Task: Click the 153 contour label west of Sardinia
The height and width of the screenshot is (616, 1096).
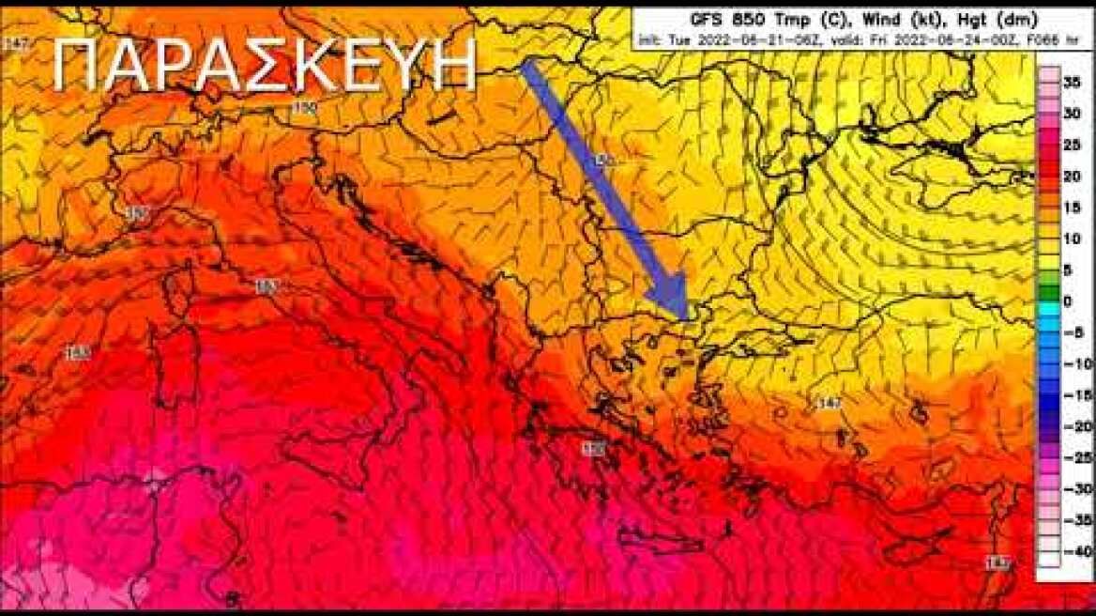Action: click(77, 354)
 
